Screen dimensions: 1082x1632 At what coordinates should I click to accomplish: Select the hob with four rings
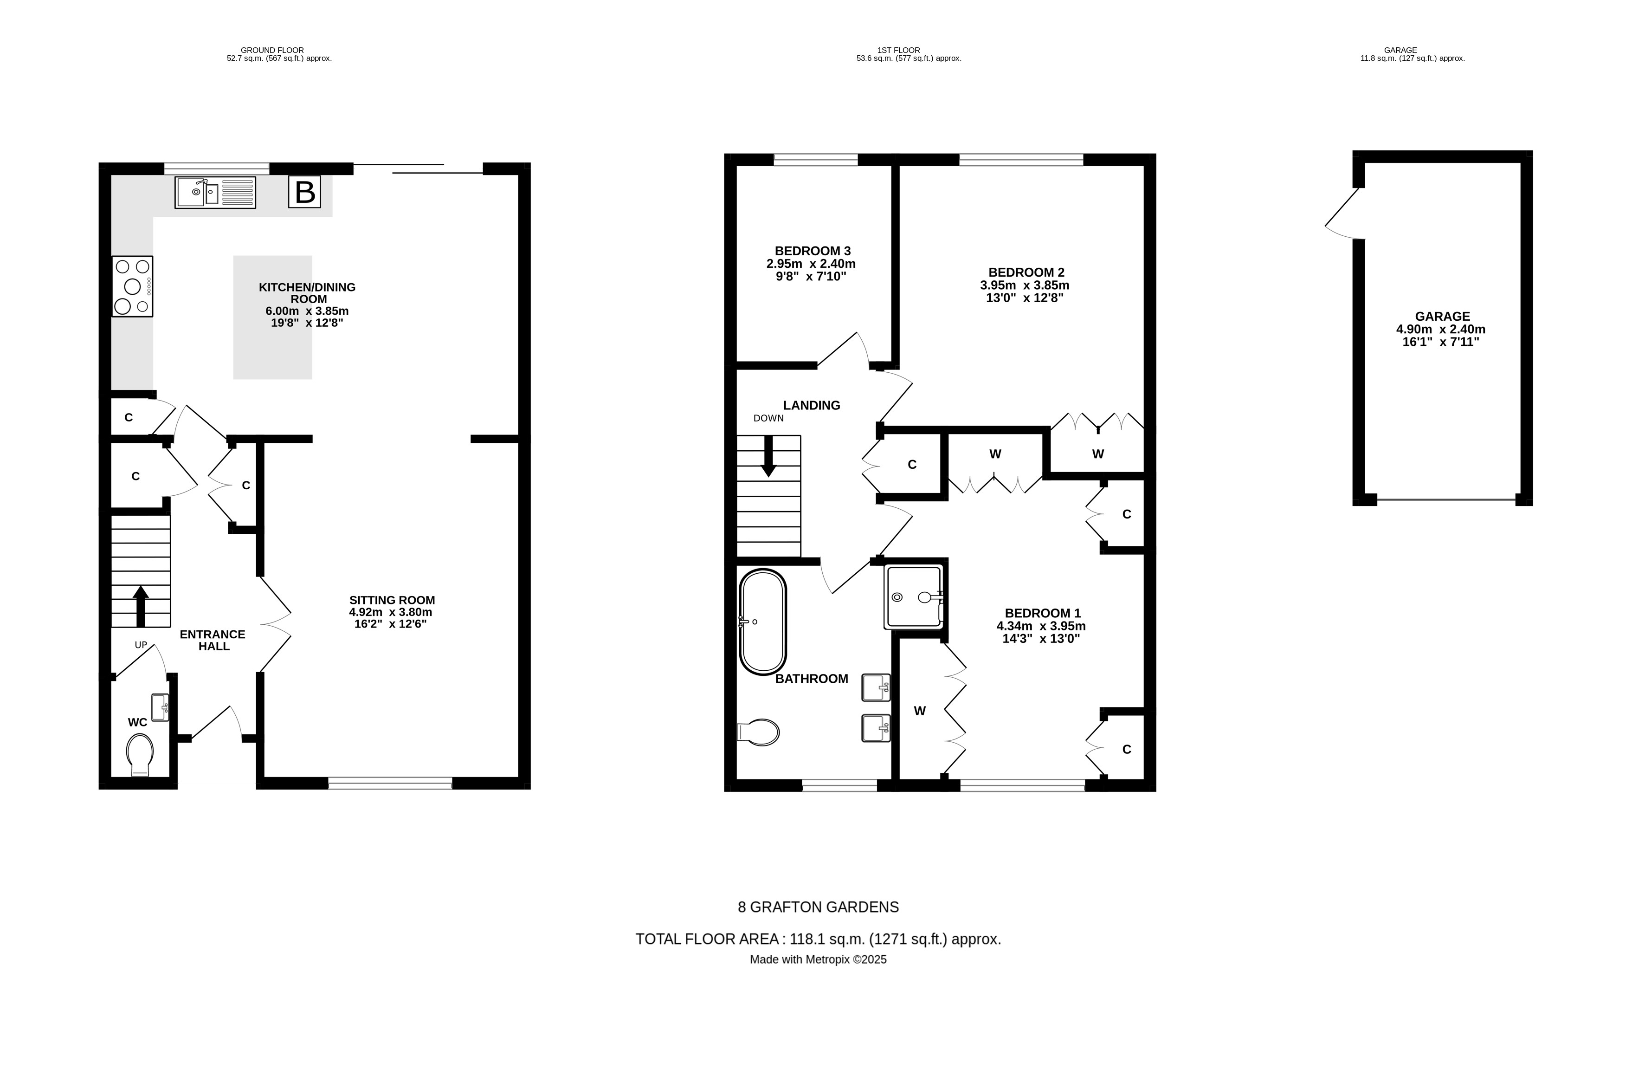pyautogui.click(x=132, y=286)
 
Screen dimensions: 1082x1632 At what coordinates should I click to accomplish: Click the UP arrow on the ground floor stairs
pyautogui.click(x=141, y=605)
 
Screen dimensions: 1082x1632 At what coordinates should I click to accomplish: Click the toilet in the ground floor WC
pyautogui.click(x=140, y=754)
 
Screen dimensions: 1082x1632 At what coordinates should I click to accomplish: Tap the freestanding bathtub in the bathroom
pyautogui.click(x=762, y=621)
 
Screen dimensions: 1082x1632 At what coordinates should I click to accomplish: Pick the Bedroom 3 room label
pyautogui.click(x=812, y=251)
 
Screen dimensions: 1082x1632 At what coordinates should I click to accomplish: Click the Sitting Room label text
pyautogui.click(x=392, y=600)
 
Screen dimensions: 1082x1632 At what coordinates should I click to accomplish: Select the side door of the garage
pyautogui.click(x=1342, y=214)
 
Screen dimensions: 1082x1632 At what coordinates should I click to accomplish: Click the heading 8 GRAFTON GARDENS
pyautogui.click(x=818, y=907)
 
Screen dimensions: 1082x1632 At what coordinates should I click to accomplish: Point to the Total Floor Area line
pyautogui.click(x=818, y=939)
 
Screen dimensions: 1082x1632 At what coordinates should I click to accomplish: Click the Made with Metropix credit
pyautogui.click(x=818, y=960)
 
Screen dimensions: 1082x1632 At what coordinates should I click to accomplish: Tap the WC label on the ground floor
pyautogui.click(x=137, y=722)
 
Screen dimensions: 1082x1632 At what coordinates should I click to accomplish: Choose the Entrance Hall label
pyautogui.click(x=213, y=640)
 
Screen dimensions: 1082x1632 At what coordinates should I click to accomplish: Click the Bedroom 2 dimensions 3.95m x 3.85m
pyautogui.click(x=1024, y=285)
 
